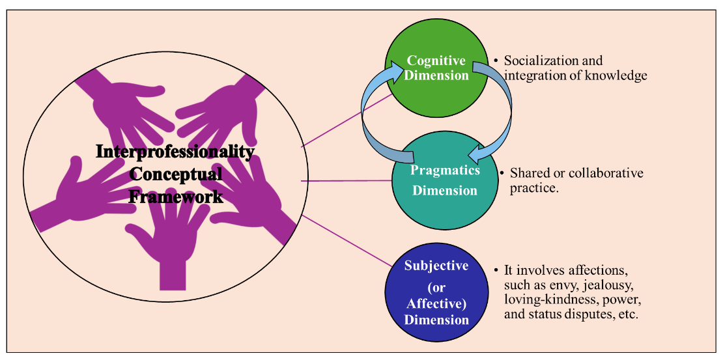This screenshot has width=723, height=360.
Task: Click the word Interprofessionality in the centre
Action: [x=175, y=152]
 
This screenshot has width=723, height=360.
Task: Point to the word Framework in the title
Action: [x=175, y=196]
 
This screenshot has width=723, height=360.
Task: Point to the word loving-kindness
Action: [x=546, y=300]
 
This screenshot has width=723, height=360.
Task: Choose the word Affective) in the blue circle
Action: [x=436, y=303]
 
